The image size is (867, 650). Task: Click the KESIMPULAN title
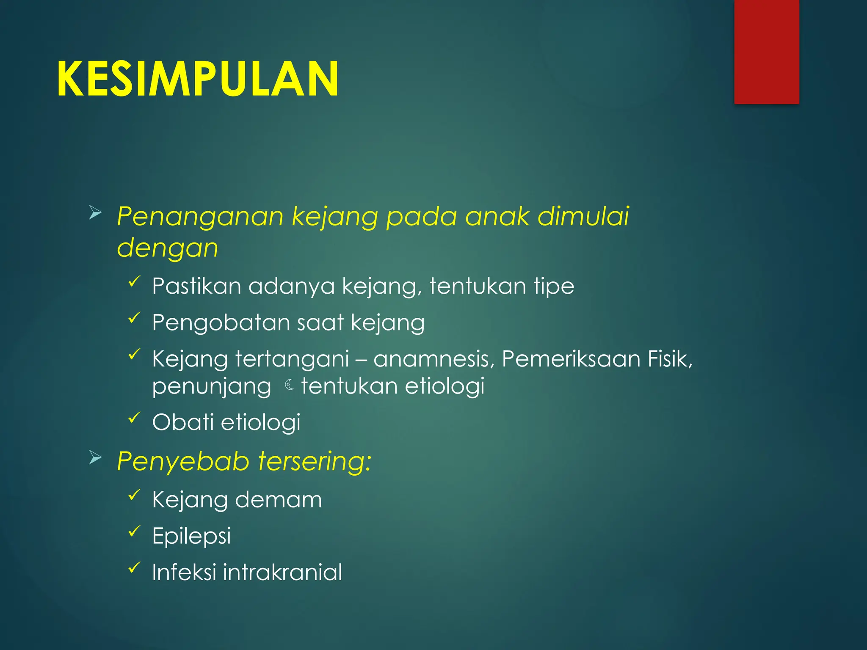(x=198, y=79)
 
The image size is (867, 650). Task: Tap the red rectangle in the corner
(x=766, y=52)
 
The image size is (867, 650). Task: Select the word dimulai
(x=583, y=217)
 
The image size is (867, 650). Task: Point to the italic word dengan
(x=168, y=248)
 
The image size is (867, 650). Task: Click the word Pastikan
(x=196, y=286)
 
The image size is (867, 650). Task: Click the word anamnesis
(x=433, y=359)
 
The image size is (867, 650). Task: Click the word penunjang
(x=212, y=387)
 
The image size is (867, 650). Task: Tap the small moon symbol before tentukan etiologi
(x=290, y=385)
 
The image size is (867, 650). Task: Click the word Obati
(x=183, y=422)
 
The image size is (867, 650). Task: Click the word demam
(x=278, y=500)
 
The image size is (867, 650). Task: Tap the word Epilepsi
(x=191, y=537)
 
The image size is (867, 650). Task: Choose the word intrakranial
(x=282, y=573)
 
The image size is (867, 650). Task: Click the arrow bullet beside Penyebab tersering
(x=95, y=458)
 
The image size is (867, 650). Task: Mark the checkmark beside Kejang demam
(x=134, y=494)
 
